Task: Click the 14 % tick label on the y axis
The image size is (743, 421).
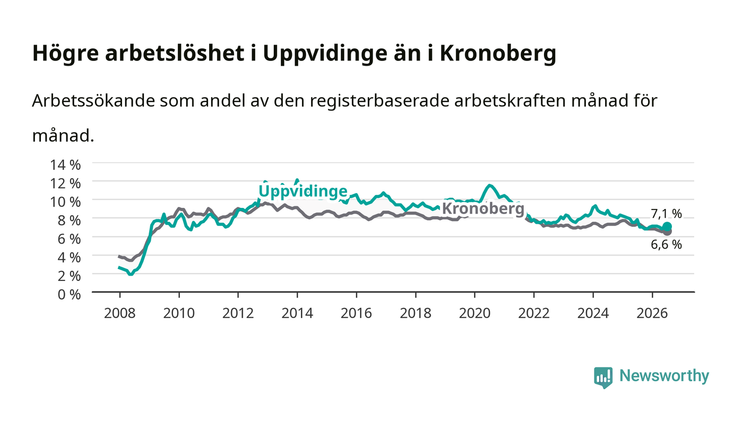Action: (x=65, y=165)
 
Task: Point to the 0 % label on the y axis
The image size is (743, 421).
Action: (x=70, y=294)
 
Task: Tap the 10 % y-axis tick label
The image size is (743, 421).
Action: (x=65, y=202)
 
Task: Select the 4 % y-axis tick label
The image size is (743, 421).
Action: (x=70, y=258)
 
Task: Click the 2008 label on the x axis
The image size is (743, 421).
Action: (x=120, y=313)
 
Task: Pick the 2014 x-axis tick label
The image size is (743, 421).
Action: (x=297, y=313)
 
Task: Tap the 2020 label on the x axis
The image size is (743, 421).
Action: (x=474, y=313)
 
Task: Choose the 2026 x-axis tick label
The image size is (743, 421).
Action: (x=652, y=313)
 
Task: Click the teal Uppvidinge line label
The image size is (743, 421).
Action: (x=303, y=191)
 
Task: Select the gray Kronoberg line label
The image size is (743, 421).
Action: (x=483, y=209)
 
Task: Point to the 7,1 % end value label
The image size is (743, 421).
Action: (x=667, y=214)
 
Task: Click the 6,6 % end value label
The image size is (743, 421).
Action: (x=667, y=244)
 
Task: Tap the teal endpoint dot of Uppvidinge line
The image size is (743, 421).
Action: (x=668, y=226)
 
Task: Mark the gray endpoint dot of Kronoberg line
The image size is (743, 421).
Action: (x=668, y=232)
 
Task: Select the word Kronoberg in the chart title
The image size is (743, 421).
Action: (x=498, y=53)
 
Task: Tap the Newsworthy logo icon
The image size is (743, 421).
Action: (x=603, y=378)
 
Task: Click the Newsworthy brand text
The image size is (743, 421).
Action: (x=664, y=376)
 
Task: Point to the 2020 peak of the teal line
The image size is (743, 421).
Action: (x=490, y=185)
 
